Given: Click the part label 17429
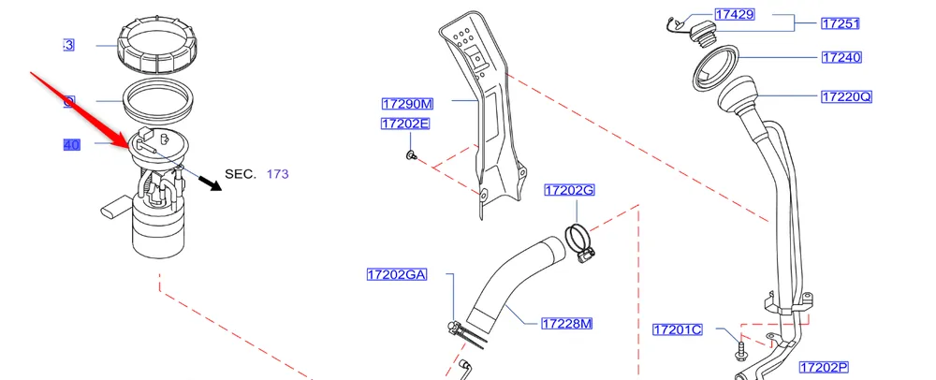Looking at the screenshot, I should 735,15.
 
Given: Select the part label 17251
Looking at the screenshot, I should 840,23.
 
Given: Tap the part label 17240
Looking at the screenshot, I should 841,57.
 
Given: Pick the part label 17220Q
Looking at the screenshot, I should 846,96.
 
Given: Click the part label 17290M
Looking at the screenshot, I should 407,103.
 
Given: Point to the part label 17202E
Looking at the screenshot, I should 405,124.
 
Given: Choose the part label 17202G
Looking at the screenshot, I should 569,190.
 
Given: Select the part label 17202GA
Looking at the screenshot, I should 397,274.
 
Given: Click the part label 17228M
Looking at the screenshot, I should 567,324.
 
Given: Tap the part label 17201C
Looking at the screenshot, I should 677,329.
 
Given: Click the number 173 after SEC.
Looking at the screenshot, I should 278,174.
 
